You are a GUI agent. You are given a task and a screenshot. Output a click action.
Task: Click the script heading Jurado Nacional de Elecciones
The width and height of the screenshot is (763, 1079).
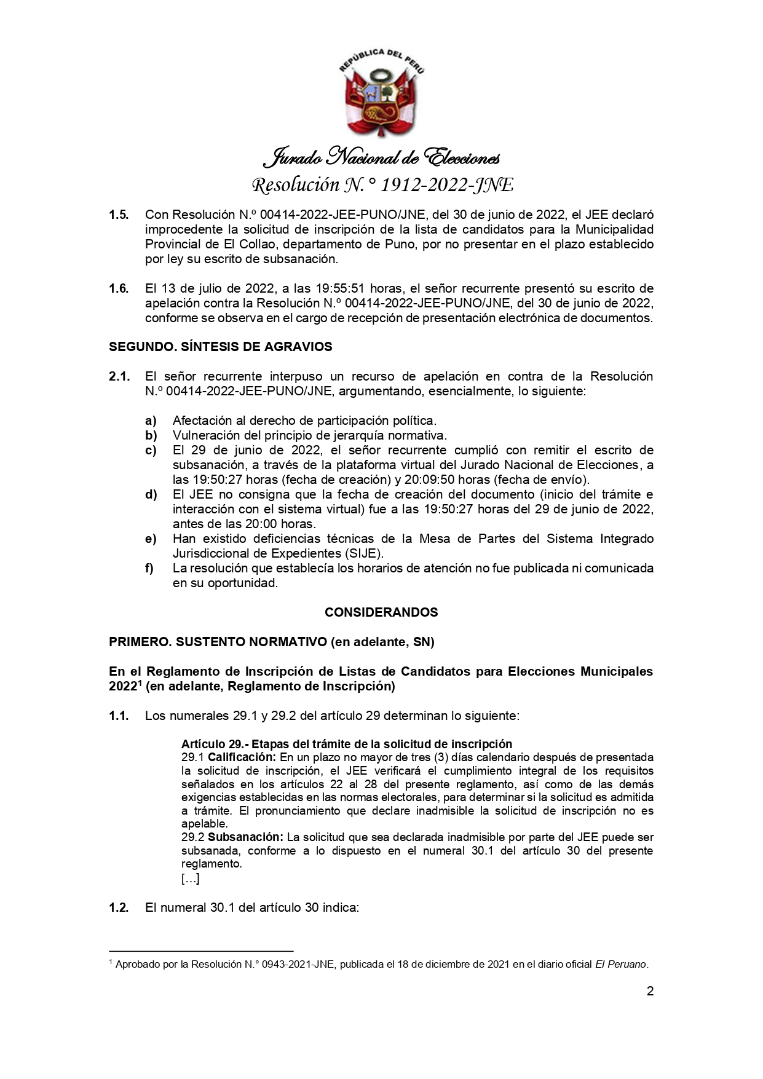(x=381, y=158)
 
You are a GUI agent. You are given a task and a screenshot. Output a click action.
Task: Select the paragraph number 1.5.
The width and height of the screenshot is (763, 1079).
(x=119, y=215)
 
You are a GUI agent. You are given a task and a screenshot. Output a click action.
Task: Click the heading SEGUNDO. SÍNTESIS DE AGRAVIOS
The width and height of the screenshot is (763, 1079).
(x=220, y=347)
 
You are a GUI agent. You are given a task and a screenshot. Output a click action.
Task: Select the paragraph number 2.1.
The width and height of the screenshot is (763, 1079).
(x=119, y=376)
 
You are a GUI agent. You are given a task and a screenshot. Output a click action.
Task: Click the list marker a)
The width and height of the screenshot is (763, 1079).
(x=151, y=421)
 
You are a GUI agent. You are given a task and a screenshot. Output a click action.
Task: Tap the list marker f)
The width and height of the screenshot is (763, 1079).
(x=149, y=568)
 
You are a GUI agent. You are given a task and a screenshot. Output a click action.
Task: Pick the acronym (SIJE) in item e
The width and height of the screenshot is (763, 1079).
(x=362, y=553)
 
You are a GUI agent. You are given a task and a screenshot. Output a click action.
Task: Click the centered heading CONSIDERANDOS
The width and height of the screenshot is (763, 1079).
(x=381, y=612)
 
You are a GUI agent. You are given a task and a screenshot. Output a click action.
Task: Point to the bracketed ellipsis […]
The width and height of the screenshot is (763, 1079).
(x=190, y=879)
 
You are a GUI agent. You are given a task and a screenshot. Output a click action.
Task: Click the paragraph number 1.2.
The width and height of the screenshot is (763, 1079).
(x=119, y=907)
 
